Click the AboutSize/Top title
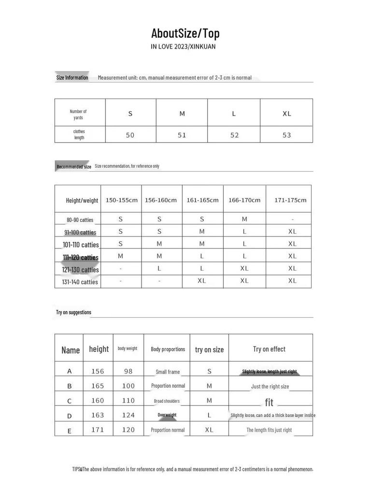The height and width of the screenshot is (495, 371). point(185,33)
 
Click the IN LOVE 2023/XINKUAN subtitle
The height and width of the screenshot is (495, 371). point(183,47)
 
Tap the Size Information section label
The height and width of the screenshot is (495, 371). point(72,77)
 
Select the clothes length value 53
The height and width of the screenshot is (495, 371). point(286,135)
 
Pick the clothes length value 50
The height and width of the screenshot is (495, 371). point(130,135)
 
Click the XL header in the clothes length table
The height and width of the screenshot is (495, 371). point(286,114)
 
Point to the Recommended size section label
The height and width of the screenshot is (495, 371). point(73,167)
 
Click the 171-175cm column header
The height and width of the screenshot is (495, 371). point(290,200)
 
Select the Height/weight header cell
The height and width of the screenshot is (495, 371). point(82,200)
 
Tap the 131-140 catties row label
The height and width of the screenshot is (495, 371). point(80,282)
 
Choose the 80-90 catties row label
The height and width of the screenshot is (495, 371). point(80,220)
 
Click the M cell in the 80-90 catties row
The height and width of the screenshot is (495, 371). point(244,219)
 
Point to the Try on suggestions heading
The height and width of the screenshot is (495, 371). point(73,312)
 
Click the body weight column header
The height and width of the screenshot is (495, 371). point(128,349)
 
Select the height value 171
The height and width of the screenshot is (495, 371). point(98,430)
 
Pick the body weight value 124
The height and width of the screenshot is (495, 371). point(128,415)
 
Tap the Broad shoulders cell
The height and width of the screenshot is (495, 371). point(167,401)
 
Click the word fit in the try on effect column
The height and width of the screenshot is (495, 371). point(269,402)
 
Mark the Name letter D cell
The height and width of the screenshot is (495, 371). point(70,416)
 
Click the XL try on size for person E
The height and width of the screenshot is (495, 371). point(209,430)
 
